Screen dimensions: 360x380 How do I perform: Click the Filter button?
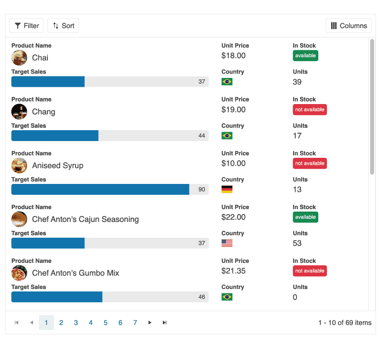point(27,26)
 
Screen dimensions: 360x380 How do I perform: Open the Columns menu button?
point(348,26)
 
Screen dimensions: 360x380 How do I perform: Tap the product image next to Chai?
point(19,58)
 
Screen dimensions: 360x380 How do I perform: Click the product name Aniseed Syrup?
point(57,166)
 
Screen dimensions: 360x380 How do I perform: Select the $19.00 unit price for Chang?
point(233,109)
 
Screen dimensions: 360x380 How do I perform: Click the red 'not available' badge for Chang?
point(309,109)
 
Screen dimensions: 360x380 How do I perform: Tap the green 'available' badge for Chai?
point(305,56)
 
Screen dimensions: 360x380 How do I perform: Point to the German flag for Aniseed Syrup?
point(227,189)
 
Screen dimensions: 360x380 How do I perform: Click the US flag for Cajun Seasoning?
point(227,243)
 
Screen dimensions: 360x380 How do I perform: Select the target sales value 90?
point(202,189)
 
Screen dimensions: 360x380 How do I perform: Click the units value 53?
point(297,243)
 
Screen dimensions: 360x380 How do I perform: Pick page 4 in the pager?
point(91,323)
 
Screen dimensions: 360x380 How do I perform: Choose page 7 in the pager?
point(135,323)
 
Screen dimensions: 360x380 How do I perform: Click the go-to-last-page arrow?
point(165,323)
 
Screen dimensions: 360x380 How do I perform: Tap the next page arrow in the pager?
point(150,323)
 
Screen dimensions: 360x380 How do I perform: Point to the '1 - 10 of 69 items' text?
point(344,323)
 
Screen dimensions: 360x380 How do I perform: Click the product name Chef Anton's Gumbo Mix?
point(76,273)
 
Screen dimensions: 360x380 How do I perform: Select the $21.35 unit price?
point(233,271)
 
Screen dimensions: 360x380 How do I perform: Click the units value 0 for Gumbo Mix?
point(295,297)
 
